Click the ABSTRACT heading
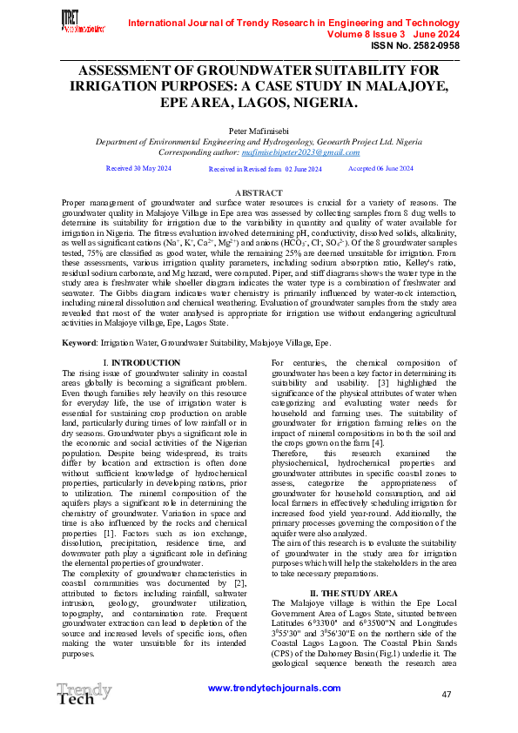(x=259, y=192)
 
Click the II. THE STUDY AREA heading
(x=361, y=568)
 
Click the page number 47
(x=447, y=694)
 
